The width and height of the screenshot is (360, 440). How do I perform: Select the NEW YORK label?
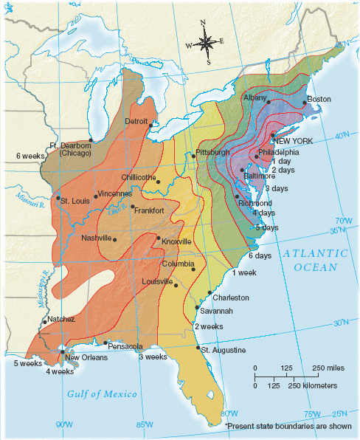coord(293,140)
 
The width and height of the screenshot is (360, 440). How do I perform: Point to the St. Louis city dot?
coord(58,198)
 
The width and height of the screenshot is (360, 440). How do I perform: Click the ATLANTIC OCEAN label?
coord(310,260)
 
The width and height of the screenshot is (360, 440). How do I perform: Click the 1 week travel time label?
coord(243,273)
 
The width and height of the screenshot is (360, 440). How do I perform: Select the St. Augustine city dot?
coord(198,347)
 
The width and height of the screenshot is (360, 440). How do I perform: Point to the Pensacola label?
coord(125,346)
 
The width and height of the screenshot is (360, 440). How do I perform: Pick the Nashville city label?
coord(96,238)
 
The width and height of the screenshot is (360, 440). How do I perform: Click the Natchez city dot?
coord(45,320)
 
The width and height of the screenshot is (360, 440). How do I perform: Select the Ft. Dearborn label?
coord(70,145)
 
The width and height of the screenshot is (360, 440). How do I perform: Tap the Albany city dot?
coord(269,102)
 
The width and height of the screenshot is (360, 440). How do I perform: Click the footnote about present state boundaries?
coord(290,426)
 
